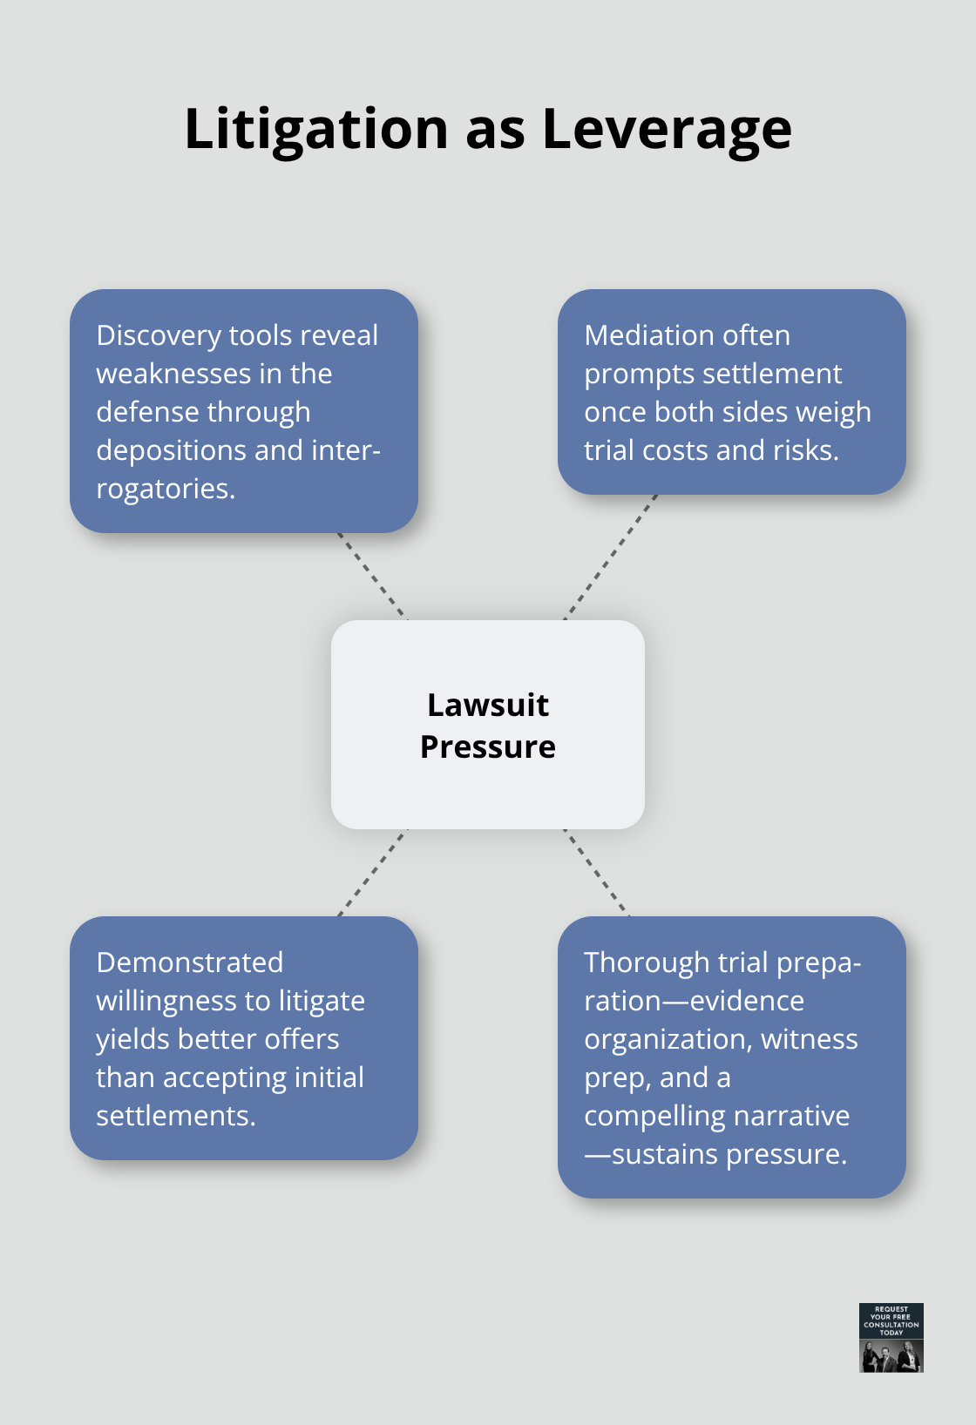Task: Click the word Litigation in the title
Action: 316,130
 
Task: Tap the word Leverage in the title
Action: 667,130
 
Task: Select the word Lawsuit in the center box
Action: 488,705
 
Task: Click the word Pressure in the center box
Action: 488,746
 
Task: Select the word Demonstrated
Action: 189,962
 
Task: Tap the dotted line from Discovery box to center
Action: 373,576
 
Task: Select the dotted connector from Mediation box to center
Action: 610,557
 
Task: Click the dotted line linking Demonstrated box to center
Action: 373,872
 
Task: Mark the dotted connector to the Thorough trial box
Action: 596,872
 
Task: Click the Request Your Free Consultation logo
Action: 891,1337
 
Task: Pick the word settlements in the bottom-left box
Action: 175,1116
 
